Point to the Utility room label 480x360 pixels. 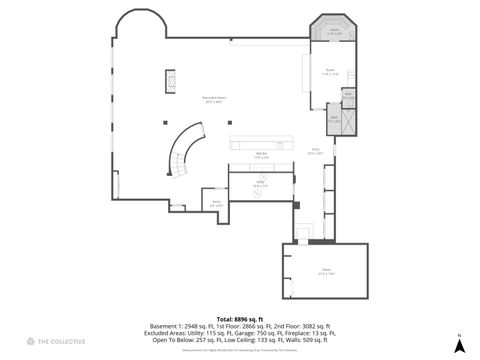pyautogui.click(x=259, y=185)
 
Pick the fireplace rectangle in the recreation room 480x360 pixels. pyautogui.click(x=170, y=80)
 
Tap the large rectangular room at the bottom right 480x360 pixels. pyautogui.click(x=326, y=270)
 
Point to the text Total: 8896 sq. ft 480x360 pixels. pyautogui.click(x=240, y=318)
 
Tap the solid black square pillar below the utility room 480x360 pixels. pyautogui.click(x=296, y=205)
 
